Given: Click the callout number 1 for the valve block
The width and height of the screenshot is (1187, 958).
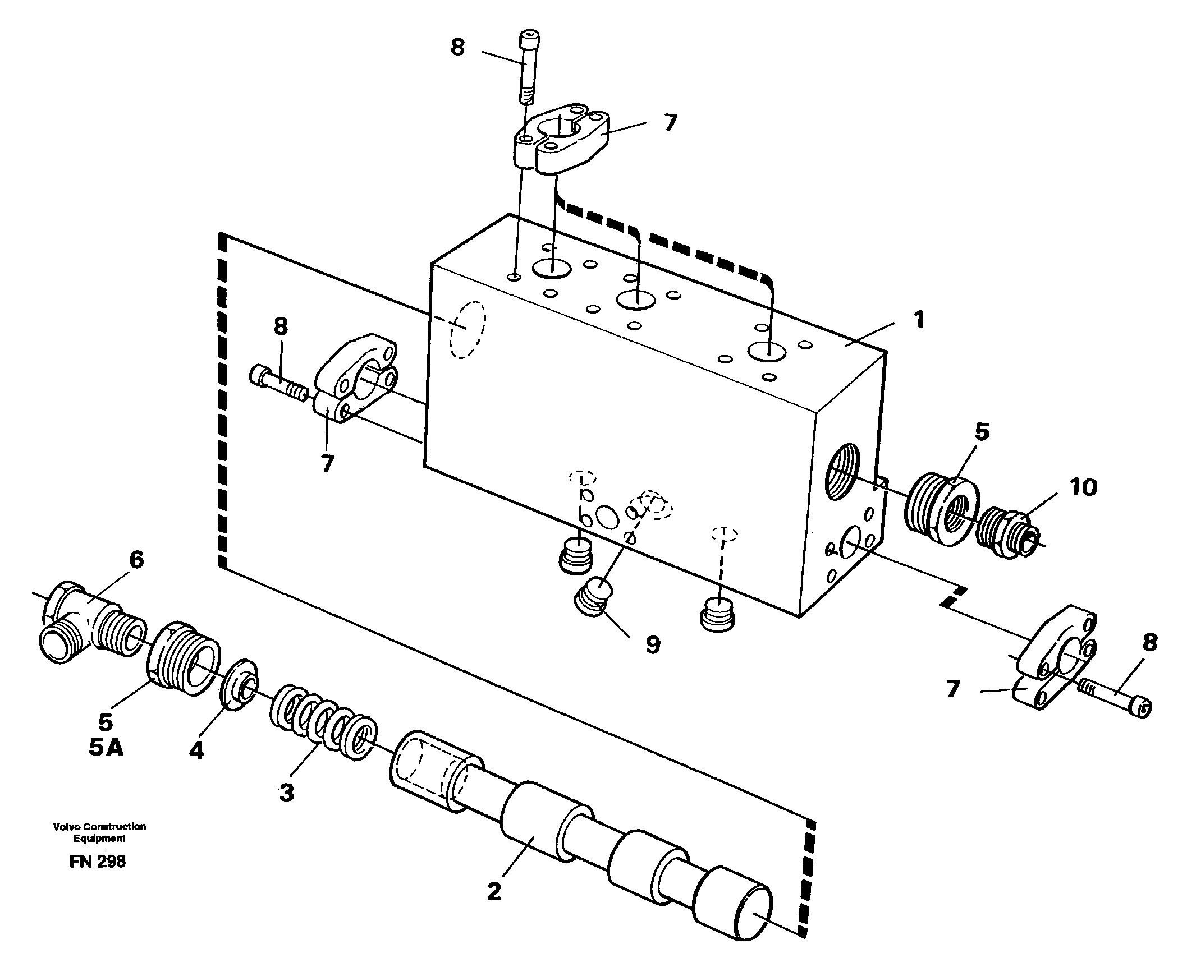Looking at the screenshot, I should [x=918, y=320].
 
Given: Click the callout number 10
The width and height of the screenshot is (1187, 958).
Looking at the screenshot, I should [x=1083, y=487].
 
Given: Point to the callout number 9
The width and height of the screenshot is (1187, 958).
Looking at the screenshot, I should [x=652, y=644].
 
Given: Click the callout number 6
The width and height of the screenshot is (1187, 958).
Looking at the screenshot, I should [x=136, y=560].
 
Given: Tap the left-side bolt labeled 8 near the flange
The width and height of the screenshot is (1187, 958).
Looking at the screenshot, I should [x=278, y=383].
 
